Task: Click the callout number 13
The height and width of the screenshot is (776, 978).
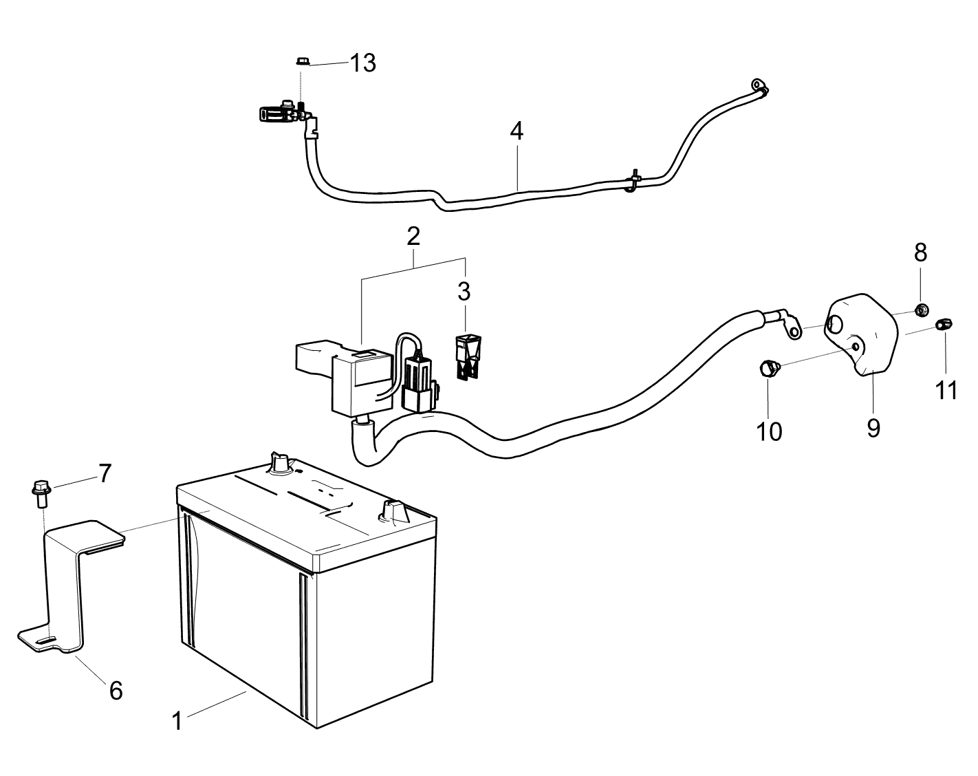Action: point(362,63)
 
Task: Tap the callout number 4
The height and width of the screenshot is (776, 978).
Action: point(517,131)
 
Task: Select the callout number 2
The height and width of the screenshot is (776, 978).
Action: point(413,236)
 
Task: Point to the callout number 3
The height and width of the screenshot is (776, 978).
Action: point(464,292)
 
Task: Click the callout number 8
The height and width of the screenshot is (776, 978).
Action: point(921,252)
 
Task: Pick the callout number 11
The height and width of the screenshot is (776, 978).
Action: point(946,390)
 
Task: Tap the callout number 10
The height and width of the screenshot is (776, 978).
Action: point(769,431)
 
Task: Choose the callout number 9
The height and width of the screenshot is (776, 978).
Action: point(873,428)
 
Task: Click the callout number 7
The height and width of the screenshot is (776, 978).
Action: point(105,474)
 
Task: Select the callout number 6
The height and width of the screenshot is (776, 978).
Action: point(116,691)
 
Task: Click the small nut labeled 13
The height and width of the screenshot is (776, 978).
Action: point(301,61)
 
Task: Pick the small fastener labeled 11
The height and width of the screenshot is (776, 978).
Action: point(944,325)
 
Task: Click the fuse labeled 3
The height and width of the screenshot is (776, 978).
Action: point(468,357)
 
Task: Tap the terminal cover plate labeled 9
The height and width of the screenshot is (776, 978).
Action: point(861,335)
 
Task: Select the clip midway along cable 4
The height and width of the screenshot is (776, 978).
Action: point(632,180)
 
